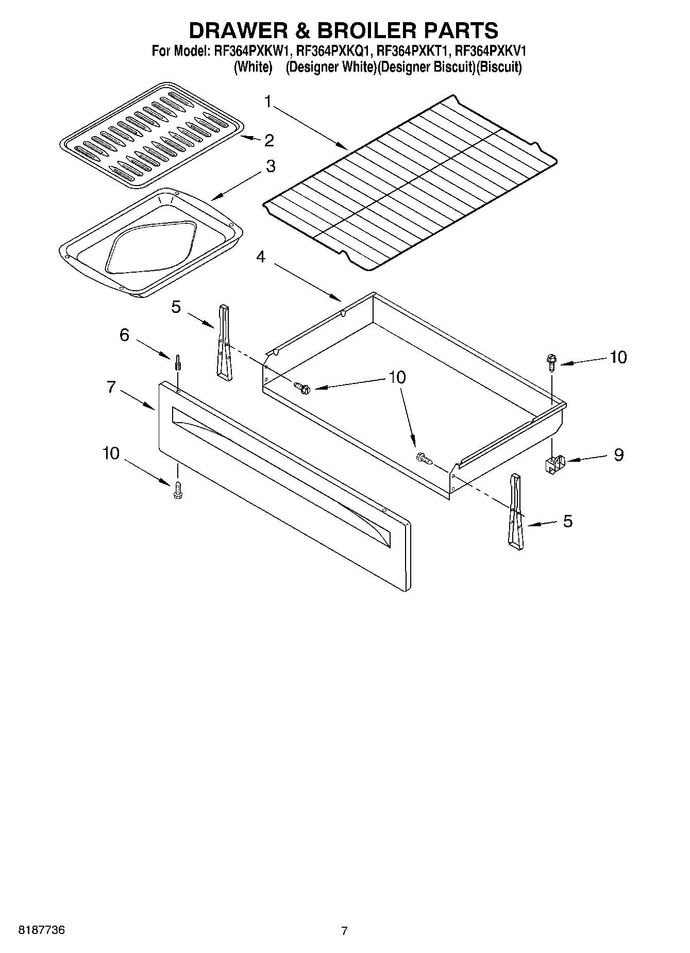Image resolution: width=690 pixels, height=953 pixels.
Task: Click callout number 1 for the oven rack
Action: click(268, 102)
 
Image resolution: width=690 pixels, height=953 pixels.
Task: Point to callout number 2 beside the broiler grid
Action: click(269, 140)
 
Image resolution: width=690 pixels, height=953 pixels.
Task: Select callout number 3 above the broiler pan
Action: click(270, 166)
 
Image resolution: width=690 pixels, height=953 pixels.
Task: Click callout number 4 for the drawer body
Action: click(261, 256)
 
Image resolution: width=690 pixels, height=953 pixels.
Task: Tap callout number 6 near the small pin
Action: click(124, 335)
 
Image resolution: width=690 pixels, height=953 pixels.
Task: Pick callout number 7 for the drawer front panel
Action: click(112, 387)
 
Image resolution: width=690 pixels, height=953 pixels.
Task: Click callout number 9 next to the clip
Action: click(618, 455)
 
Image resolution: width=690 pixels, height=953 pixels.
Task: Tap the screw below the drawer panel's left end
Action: click(178, 490)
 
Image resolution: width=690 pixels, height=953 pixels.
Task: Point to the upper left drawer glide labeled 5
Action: click(225, 343)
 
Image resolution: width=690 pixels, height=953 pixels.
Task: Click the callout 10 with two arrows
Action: click(397, 377)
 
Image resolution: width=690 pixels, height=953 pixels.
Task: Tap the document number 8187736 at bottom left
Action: click(42, 930)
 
